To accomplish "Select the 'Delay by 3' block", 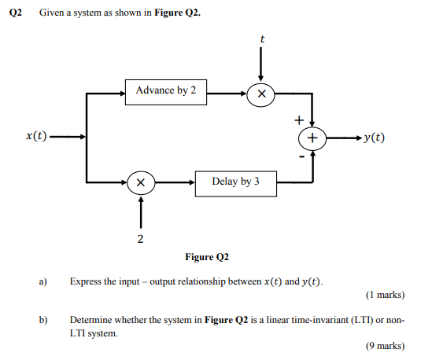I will pyautogui.click(x=235, y=182).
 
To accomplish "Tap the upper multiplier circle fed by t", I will pyautogui.click(x=261, y=94).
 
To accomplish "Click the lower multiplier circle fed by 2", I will pyautogui.click(x=140, y=182).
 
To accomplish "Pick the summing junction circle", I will pyautogui.click(x=312, y=138).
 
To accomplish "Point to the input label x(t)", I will pyautogui.click(x=33, y=137).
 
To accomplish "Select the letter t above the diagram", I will pyautogui.click(x=262, y=39).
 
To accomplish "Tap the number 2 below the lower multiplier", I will pyautogui.click(x=140, y=239).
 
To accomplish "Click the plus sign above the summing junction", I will pyautogui.click(x=299, y=120).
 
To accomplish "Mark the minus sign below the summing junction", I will pyautogui.click(x=300, y=156).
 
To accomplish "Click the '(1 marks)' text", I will pyautogui.click(x=386, y=296).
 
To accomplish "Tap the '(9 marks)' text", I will pyautogui.click(x=386, y=347).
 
